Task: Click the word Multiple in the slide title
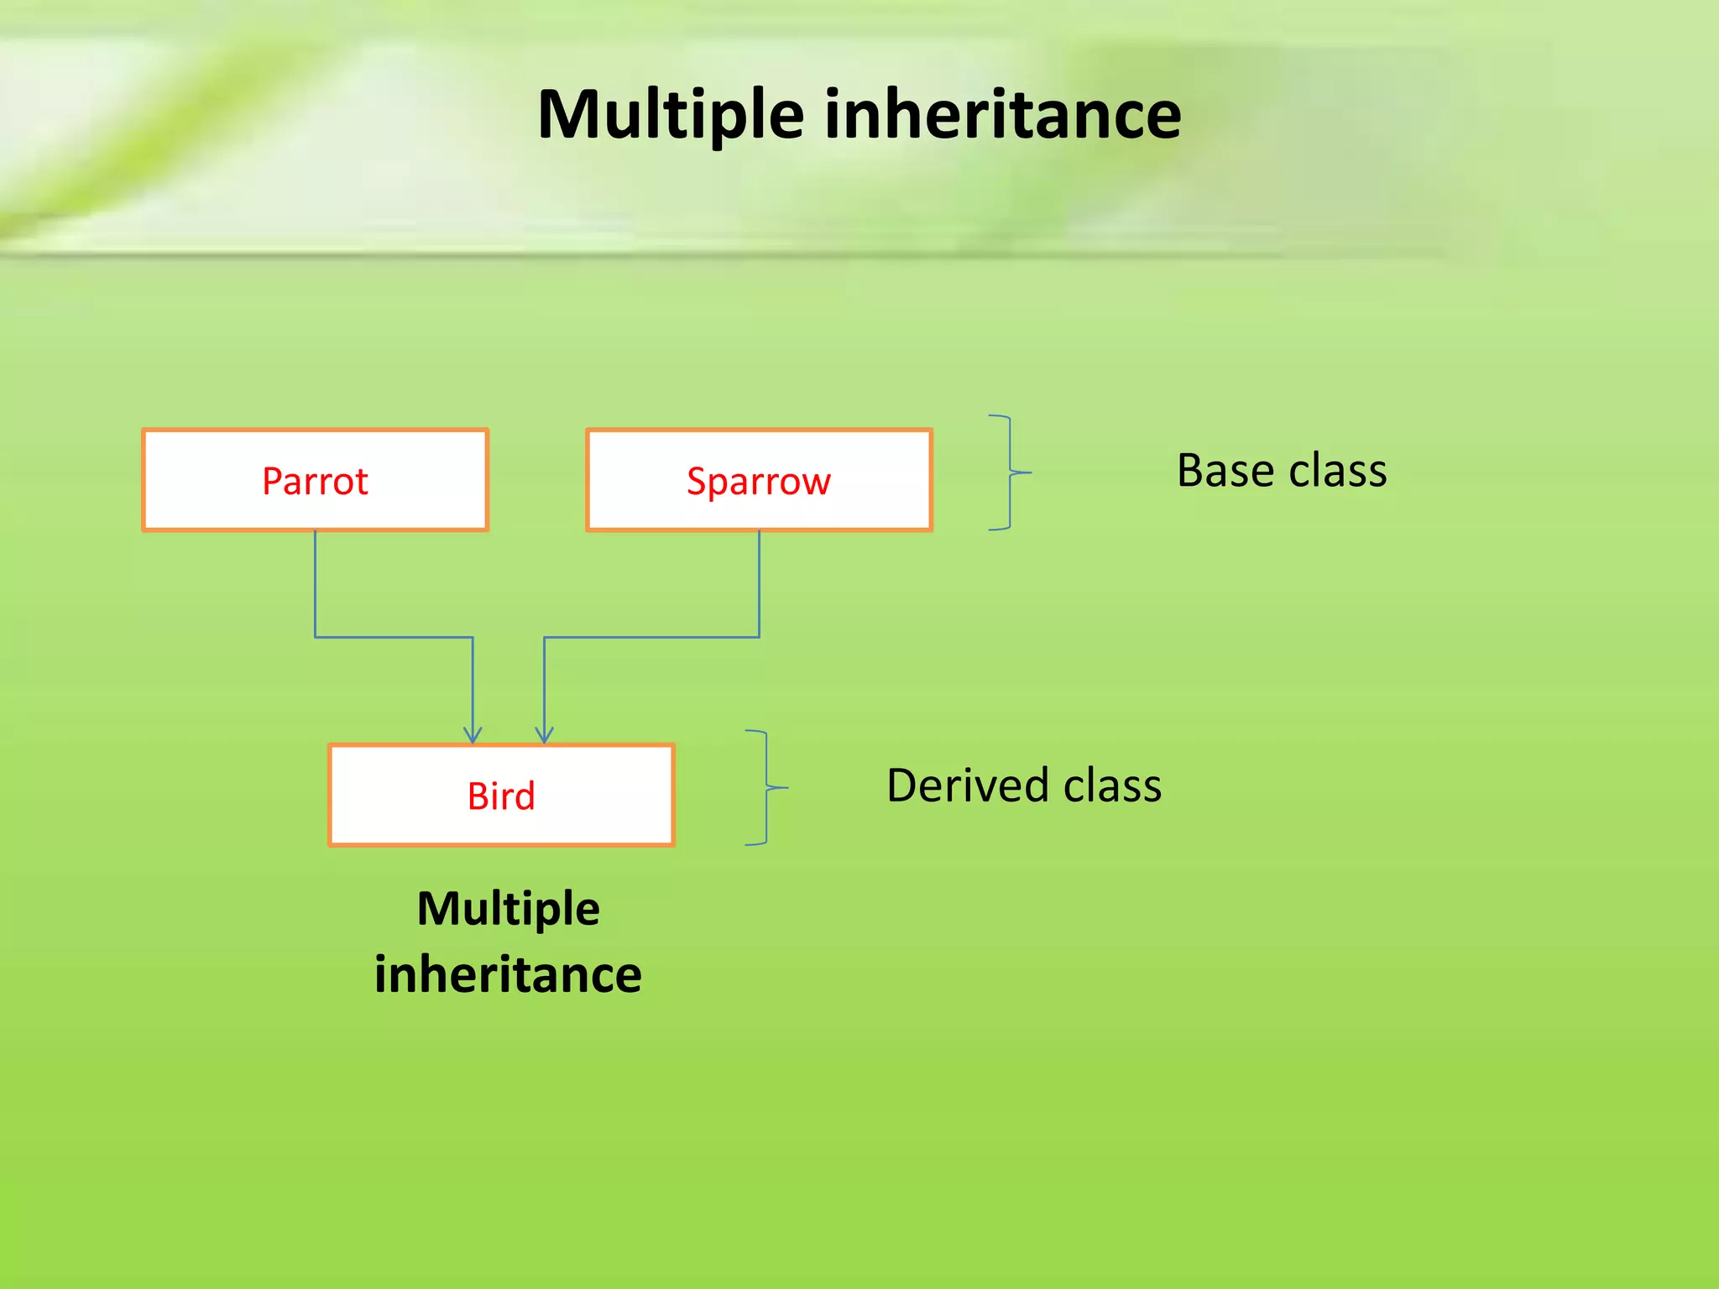tap(671, 115)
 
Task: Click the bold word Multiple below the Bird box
tap(508, 909)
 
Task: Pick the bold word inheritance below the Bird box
tap(508, 975)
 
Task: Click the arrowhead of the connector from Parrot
tap(473, 735)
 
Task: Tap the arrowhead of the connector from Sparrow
tap(545, 735)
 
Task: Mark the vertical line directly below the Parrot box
tap(316, 583)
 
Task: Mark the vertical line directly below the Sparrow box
tap(760, 583)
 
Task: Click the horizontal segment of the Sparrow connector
tap(651, 638)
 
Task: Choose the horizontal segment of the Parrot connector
tap(394, 638)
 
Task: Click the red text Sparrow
tap(758, 482)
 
